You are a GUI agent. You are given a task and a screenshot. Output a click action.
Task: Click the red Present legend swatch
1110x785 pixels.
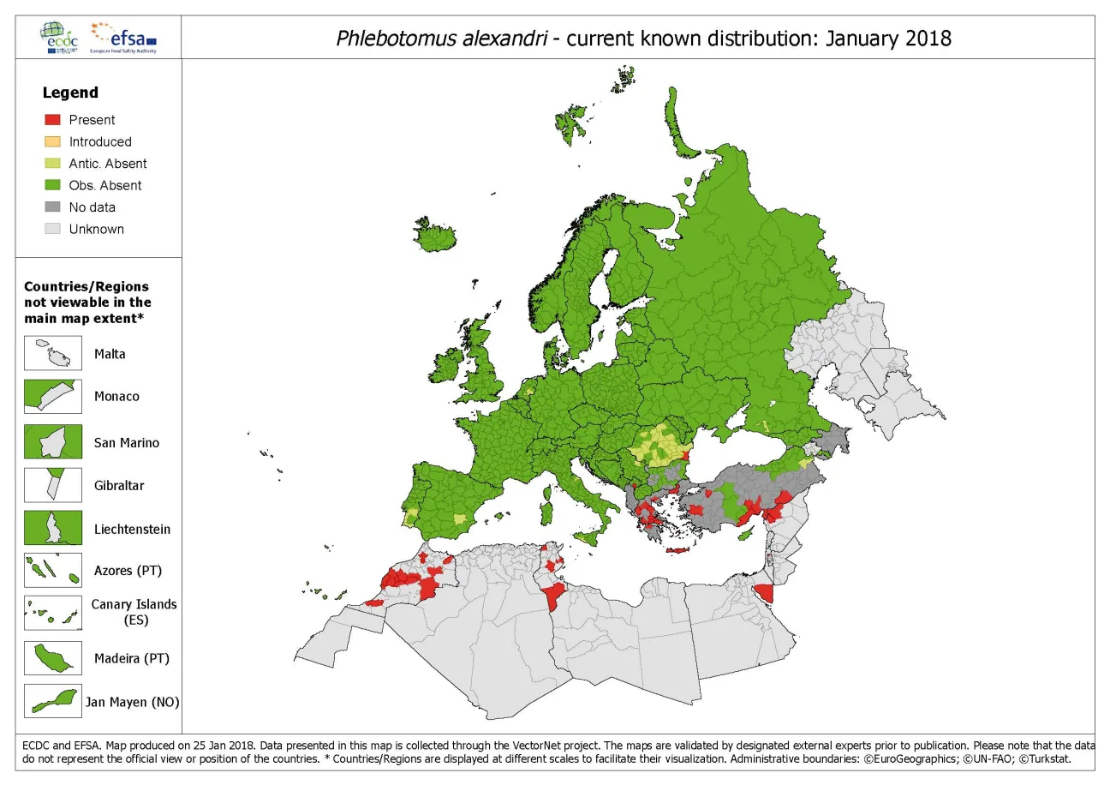point(52,120)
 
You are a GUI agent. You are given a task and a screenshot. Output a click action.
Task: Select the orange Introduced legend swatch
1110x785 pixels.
point(52,142)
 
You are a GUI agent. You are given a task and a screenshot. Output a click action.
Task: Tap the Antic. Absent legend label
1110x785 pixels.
point(108,164)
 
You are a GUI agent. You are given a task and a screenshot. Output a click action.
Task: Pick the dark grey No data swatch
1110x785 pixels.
point(52,207)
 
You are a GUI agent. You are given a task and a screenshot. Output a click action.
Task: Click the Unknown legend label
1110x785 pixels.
point(96,229)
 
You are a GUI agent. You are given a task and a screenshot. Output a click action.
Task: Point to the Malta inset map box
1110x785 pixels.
point(53,354)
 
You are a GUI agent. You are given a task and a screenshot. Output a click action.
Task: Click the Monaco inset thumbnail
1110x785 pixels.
point(53,397)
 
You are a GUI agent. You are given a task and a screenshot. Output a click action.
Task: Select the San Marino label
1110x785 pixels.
point(127,443)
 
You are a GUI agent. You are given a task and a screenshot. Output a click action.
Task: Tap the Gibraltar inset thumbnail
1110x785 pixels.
point(53,485)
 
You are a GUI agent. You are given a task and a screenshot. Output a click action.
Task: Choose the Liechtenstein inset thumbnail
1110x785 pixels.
point(53,529)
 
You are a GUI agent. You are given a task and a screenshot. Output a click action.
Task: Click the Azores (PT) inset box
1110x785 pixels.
point(53,570)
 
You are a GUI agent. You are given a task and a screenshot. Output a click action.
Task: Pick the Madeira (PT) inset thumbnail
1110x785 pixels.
point(53,658)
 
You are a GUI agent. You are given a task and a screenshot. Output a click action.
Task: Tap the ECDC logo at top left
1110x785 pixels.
point(61,38)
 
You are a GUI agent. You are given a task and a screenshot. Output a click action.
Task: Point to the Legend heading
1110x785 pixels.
point(70,93)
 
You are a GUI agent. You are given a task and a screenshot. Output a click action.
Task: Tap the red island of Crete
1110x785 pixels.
point(677,550)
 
